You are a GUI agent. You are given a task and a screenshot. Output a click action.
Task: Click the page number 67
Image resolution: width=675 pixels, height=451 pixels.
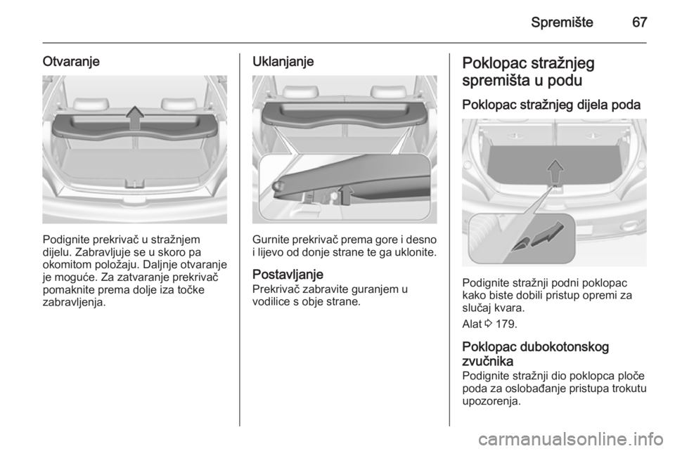point(639,22)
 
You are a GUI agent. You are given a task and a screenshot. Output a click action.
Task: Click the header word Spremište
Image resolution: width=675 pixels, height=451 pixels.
point(562,22)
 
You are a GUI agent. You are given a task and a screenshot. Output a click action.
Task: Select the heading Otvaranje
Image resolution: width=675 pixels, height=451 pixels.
point(71,62)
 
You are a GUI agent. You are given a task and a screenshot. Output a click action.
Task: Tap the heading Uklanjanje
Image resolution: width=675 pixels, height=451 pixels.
point(283,62)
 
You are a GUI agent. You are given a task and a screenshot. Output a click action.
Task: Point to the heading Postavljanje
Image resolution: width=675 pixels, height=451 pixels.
point(288,274)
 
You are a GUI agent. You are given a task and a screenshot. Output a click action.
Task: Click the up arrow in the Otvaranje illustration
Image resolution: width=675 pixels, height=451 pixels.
point(135,117)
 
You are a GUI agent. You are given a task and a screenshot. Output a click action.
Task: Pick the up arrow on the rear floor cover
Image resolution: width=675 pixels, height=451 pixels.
point(555,172)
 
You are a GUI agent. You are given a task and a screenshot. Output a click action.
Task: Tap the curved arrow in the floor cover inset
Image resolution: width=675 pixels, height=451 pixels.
point(548,235)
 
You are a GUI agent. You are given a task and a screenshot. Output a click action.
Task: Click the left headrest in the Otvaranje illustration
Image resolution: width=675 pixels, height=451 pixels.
point(91,103)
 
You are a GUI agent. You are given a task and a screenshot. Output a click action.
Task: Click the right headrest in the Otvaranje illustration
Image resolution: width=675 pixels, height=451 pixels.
point(179,103)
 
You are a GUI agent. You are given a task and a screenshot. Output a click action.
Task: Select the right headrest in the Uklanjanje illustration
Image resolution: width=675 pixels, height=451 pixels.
point(388,91)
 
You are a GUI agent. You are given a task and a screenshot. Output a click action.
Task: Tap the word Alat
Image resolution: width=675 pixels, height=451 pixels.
point(471,324)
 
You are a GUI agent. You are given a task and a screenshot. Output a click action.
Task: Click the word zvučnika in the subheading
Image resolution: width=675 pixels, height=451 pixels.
point(488,360)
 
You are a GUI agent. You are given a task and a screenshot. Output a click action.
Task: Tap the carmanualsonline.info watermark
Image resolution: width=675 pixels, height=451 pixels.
point(571,439)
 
